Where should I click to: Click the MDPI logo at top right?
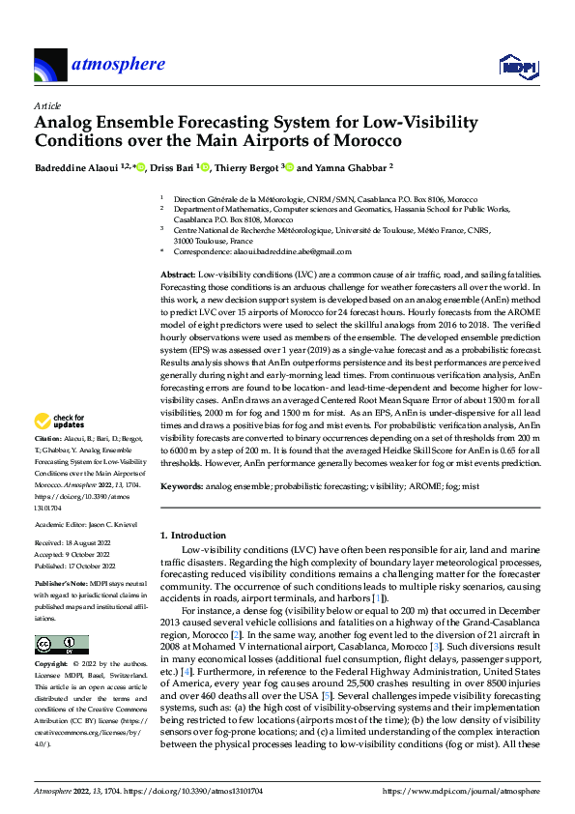[516, 66]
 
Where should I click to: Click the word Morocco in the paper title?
[363, 141]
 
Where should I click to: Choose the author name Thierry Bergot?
[246, 167]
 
